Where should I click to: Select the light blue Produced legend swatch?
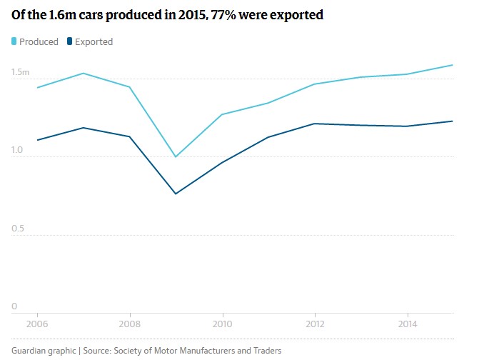(14, 41)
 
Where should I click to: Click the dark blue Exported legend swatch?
(70, 41)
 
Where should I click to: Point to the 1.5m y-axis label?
(20, 72)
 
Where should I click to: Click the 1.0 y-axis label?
(17, 151)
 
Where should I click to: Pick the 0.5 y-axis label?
(17, 229)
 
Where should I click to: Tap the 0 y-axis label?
(14, 307)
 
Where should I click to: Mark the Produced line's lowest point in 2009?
(176, 156)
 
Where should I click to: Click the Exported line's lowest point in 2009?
(176, 194)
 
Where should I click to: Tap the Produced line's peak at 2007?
(84, 73)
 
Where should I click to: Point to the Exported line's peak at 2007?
(84, 128)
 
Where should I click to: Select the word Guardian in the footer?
(31, 350)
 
